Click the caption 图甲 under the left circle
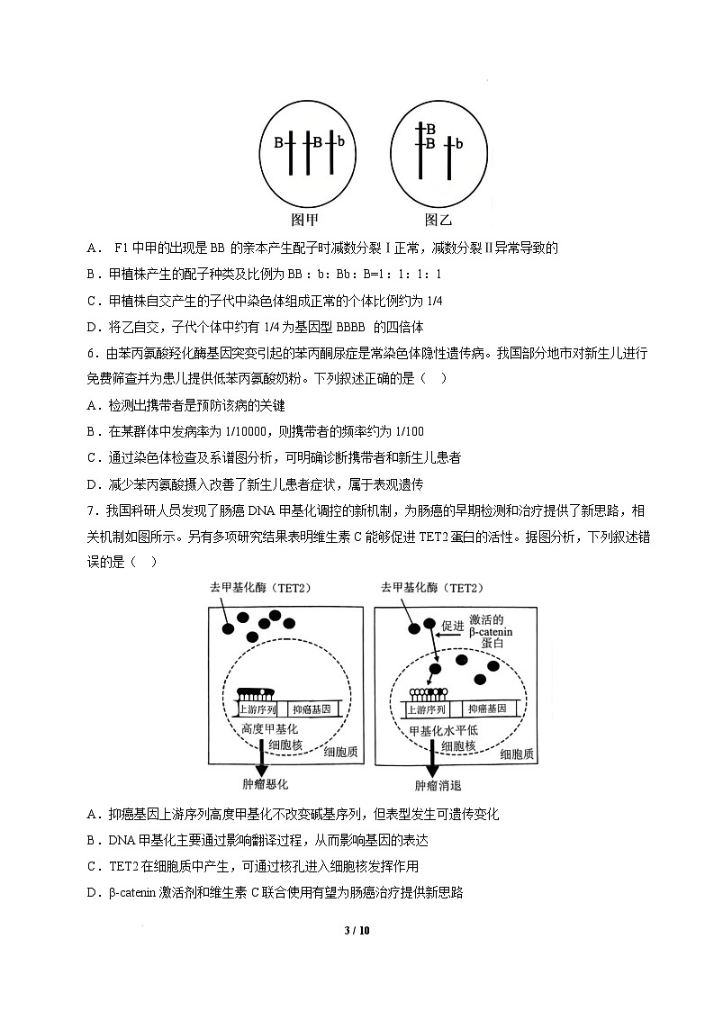pos(304,220)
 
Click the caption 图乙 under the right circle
pos(438,220)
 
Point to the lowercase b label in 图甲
pos(341,142)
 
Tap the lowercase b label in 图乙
pos(459,144)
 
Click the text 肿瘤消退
pos(438,785)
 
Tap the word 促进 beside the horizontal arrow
pos(453,625)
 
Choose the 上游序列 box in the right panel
pos(429,709)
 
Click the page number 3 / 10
pos(357,930)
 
